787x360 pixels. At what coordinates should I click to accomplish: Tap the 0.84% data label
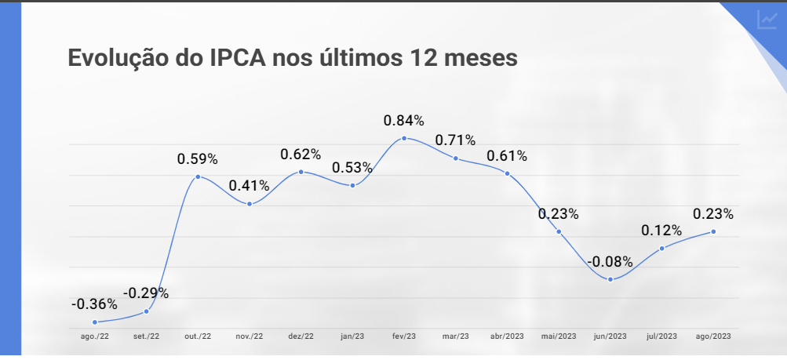403,121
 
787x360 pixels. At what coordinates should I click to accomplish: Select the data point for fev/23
404,138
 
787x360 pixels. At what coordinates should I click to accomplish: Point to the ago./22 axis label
94,336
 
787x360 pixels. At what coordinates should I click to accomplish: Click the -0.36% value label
94,304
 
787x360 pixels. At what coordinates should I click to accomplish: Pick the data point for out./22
198,176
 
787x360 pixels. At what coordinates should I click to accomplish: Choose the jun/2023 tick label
610,336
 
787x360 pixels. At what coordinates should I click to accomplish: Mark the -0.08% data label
610,261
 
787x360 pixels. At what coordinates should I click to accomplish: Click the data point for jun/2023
610,279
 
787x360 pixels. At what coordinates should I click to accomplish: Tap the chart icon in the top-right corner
767,20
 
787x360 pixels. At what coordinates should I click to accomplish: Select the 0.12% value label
661,231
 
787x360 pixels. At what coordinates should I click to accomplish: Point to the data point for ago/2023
713,231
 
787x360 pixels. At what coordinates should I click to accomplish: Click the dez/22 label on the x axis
301,336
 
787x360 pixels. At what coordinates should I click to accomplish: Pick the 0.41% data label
249,186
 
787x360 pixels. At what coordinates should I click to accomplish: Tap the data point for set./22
146,311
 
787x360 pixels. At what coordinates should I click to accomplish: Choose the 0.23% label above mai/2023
558,213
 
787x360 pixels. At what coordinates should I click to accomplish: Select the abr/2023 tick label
507,336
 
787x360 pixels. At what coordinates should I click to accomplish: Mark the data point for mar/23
455,158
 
